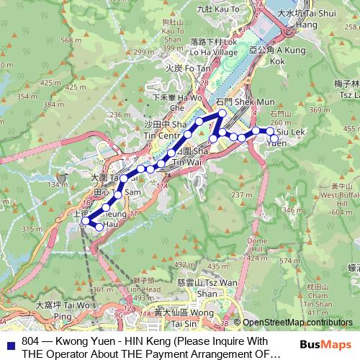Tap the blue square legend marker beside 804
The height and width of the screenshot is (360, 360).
point(11,341)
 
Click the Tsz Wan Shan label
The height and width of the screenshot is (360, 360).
point(205,289)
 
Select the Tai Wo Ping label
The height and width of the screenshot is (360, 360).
point(54,310)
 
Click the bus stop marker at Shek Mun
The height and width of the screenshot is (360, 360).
point(222,113)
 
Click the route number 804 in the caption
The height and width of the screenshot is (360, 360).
point(31,341)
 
